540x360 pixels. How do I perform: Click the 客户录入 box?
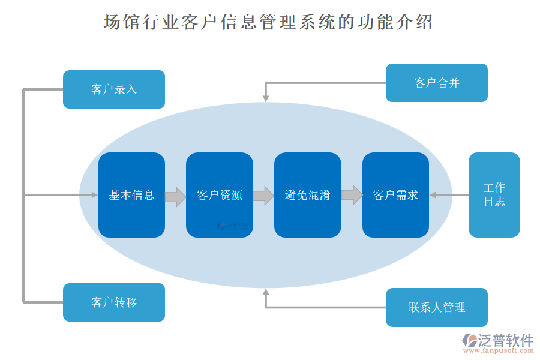point(114,89)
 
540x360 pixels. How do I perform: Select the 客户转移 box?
point(114,302)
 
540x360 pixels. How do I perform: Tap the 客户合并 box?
point(436,83)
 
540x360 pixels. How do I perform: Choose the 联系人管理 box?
point(436,307)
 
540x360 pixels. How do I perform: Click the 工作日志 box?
point(494,195)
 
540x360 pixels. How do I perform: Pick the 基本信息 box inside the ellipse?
point(131,195)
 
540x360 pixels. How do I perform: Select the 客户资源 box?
point(220,195)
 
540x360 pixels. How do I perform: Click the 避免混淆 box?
point(308,195)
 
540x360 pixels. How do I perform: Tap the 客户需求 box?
point(395,195)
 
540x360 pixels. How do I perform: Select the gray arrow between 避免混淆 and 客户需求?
point(352,195)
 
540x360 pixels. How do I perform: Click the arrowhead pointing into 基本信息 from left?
point(94,195)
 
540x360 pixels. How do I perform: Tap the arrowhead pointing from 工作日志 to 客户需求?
point(433,195)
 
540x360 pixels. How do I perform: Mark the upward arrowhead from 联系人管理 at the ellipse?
point(265,292)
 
